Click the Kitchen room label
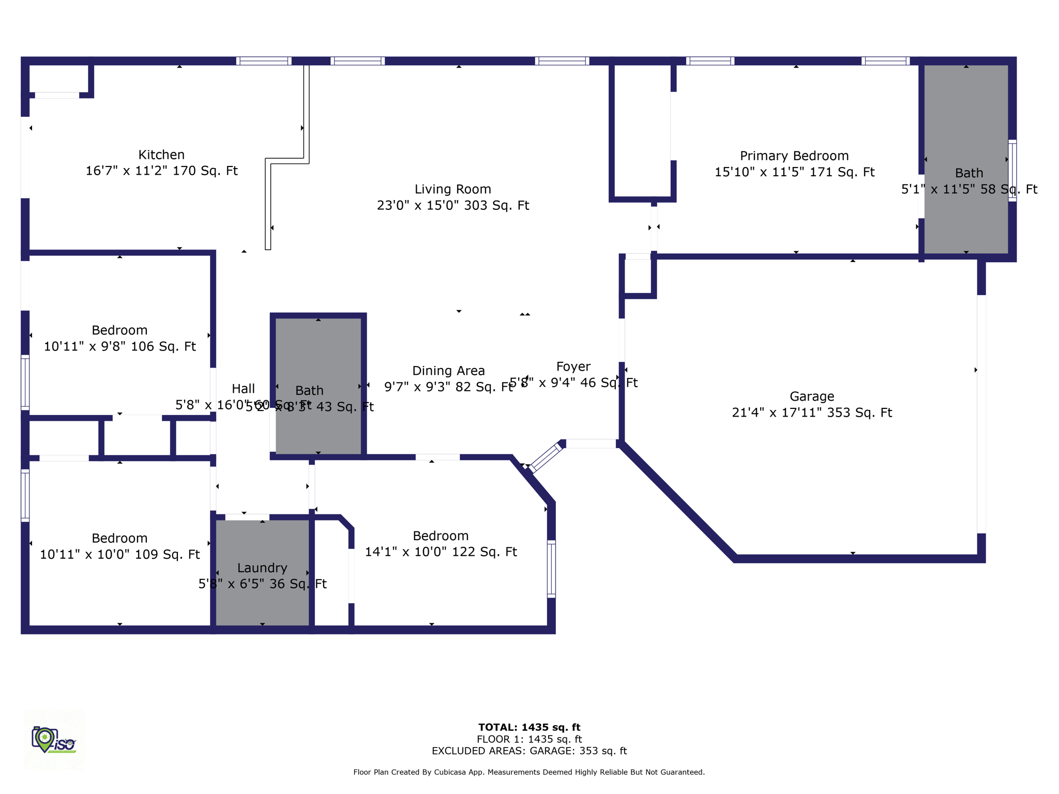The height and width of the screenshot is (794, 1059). coord(161,155)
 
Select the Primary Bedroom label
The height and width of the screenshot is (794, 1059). coord(794,156)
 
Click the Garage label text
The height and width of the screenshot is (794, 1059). coord(811,396)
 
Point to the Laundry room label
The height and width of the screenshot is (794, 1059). coord(262,568)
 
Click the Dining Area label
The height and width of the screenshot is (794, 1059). coord(448,371)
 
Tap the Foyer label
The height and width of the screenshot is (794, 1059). coord(573,367)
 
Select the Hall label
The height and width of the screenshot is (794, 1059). coord(243,389)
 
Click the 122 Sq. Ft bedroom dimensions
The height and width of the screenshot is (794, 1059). coord(441,552)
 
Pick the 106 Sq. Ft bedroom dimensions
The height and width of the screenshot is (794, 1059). coord(119,346)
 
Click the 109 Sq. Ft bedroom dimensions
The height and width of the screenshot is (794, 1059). coord(119,554)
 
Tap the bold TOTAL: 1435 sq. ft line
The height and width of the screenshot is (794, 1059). coord(529,727)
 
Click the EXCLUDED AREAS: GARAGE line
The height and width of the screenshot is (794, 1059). coord(529,751)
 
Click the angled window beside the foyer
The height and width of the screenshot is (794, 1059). coord(545,457)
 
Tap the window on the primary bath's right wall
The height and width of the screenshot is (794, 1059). coord(1012,170)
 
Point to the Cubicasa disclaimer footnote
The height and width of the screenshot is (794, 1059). coord(529,772)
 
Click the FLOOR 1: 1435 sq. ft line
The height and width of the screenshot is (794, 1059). coord(529,739)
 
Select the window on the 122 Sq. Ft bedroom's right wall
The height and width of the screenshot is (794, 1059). coord(551,569)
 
